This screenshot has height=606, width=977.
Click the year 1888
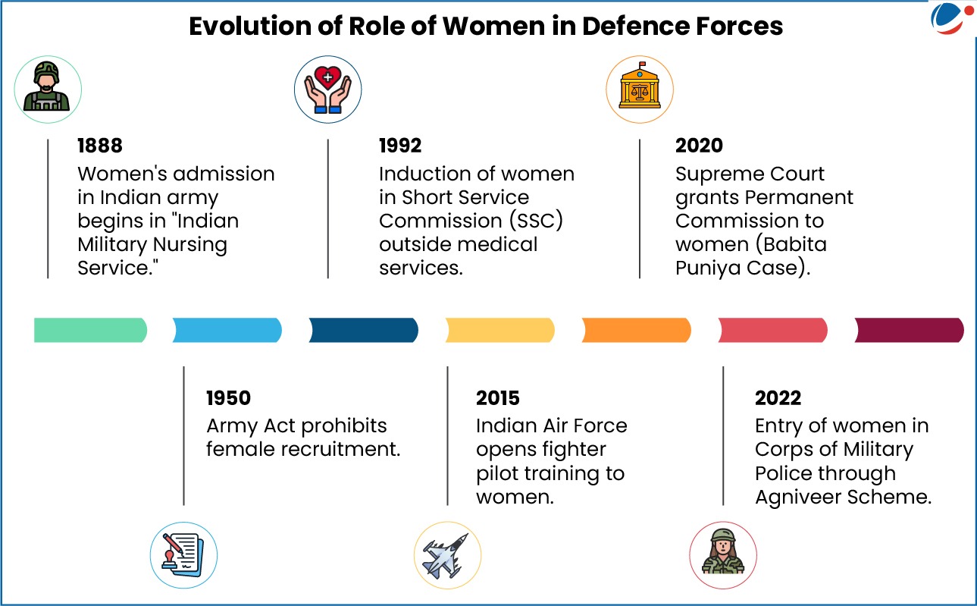100,146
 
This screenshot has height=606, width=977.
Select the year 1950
229,398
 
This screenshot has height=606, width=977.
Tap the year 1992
400,146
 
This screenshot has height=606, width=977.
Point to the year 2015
498,398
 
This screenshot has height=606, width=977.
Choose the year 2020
699,146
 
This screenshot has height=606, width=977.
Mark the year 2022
778,398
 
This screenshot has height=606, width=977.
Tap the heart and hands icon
327,89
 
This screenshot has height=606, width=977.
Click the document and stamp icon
183,555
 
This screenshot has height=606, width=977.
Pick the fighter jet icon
447,555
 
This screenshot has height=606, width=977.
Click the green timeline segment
91,330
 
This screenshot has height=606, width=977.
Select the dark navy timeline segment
364,330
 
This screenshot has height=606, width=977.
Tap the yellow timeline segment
499,330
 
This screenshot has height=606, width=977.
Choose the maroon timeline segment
909,330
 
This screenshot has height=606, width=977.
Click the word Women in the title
493,27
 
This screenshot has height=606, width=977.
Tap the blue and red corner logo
951,18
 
